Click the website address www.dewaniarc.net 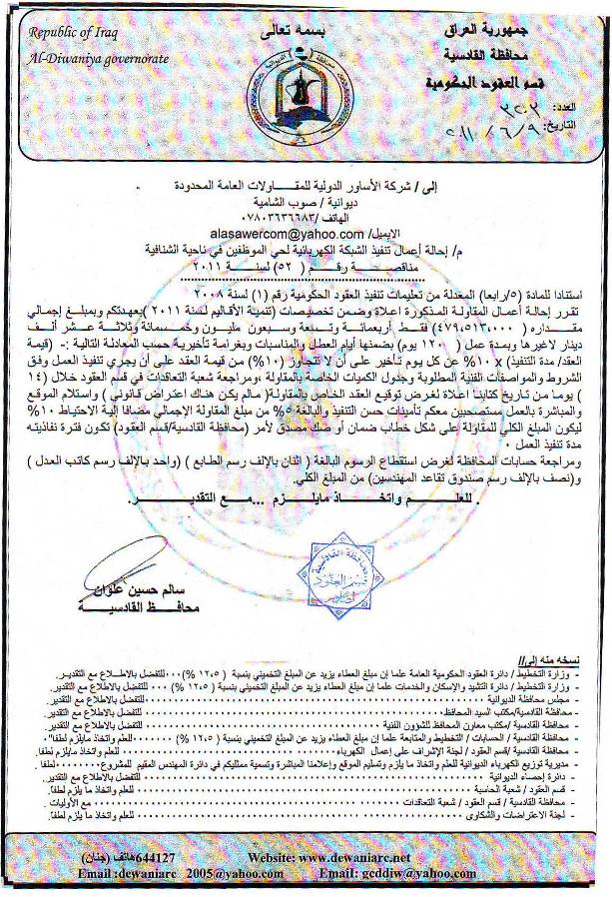pos(357,858)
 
